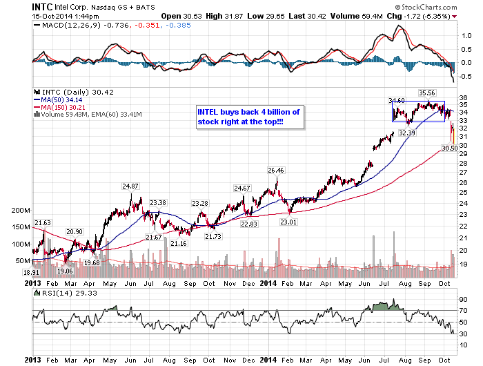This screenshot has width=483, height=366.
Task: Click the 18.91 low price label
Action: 40,273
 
